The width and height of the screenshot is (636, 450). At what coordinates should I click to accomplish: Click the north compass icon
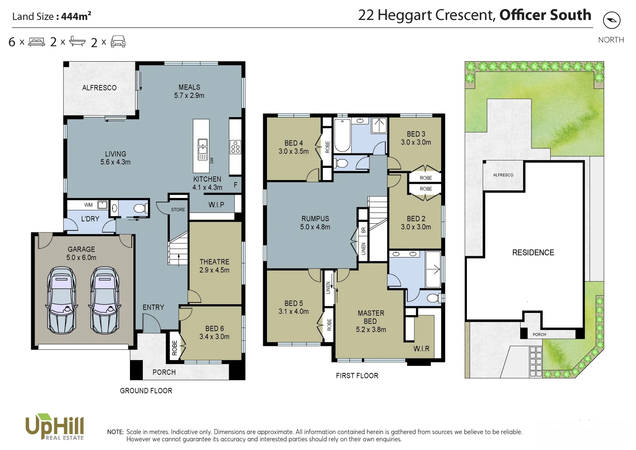click(x=611, y=20)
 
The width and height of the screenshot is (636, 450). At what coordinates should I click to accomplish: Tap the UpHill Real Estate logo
click(x=55, y=427)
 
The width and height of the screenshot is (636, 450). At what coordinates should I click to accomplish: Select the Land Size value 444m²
click(x=76, y=16)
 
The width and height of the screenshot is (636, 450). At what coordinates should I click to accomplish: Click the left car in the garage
click(x=62, y=300)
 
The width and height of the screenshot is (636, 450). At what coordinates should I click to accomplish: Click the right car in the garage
click(x=105, y=300)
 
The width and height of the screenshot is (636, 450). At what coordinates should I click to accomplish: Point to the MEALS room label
click(x=189, y=87)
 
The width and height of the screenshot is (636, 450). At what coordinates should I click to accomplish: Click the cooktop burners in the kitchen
click(x=235, y=147)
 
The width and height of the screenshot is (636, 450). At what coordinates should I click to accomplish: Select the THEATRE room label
click(x=214, y=262)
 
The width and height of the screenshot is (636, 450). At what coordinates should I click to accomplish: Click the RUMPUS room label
click(x=315, y=218)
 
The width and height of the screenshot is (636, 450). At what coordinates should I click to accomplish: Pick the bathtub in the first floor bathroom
click(x=342, y=135)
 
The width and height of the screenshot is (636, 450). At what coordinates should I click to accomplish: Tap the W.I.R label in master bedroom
click(x=421, y=349)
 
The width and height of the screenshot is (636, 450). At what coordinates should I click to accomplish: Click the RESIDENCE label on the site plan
click(x=533, y=252)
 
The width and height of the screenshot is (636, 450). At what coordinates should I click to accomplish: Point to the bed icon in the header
click(x=37, y=42)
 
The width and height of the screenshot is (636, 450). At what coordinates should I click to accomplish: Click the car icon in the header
click(x=118, y=42)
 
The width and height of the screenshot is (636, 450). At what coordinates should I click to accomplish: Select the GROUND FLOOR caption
click(x=146, y=391)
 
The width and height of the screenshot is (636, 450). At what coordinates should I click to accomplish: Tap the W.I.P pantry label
click(x=216, y=205)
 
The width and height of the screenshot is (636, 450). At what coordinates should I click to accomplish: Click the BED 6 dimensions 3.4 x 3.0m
click(x=214, y=337)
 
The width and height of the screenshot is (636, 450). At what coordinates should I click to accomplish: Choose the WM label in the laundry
click(x=88, y=205)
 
